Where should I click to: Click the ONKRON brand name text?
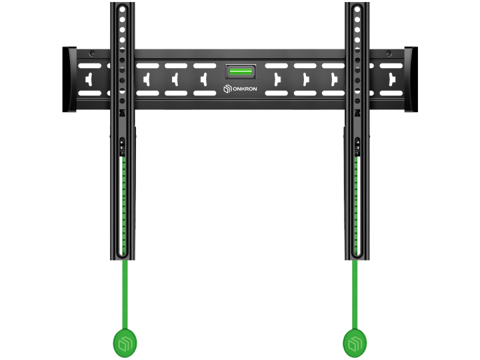pyautogui.click(x=245, y=89)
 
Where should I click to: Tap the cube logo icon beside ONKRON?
pyautogui.click(x=227, y=89)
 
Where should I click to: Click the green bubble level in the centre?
pyautogui.click(x=241, y=72)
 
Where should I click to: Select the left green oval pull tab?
pyautogui.click(x=125, y=343)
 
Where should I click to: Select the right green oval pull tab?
pyautogui.click(x=355, y=343)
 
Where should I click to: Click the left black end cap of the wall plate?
pyautogui.click(x=69, y=79)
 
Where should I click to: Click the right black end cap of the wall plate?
pyautogui.click(x=411, y=79)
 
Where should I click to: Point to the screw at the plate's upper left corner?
pyautogui.click(x=92, y=53)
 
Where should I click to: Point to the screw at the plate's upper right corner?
pyautogui.click(x=389, y=53)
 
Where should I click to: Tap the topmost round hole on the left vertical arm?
pyautogui.click(x=122, y=9)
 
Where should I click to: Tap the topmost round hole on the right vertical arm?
pyautogui.click(x=357, y=9)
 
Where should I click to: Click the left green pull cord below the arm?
pyautogui.click(x=125, y=295)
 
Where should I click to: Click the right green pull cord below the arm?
pyautogui.click(x=355, y=295)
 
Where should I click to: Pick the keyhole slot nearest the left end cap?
pyautogui.click(x=89, y=79)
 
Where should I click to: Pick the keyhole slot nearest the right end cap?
pyautogui.click(x=391, y=79)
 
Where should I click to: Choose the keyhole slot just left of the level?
pyautogui.click(x=204, y=79)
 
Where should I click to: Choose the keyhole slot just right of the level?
pyautogui.click(x=277, y=79)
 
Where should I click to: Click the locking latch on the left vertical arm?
pyautogui.click(x=122, y=146)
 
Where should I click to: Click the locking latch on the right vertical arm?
pyautogui.click(x=357, y=146)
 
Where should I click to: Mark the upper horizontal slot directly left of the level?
pyautogui.click(x=205, y=66)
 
